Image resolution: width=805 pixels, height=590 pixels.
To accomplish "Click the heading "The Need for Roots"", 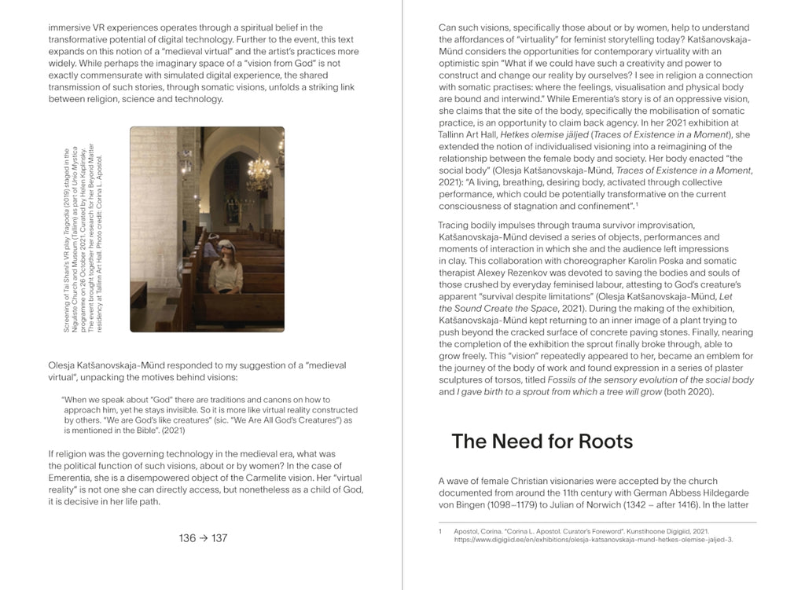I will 542,442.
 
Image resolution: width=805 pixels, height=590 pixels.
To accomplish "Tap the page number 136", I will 187,538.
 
